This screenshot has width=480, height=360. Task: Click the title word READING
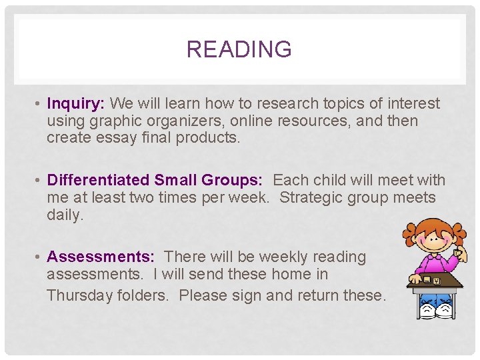tap(239, 49)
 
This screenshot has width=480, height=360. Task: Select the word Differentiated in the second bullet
tap(98, 180)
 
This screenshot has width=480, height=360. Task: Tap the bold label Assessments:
tap(101, 257)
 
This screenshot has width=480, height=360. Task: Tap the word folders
tap(141, 295)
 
